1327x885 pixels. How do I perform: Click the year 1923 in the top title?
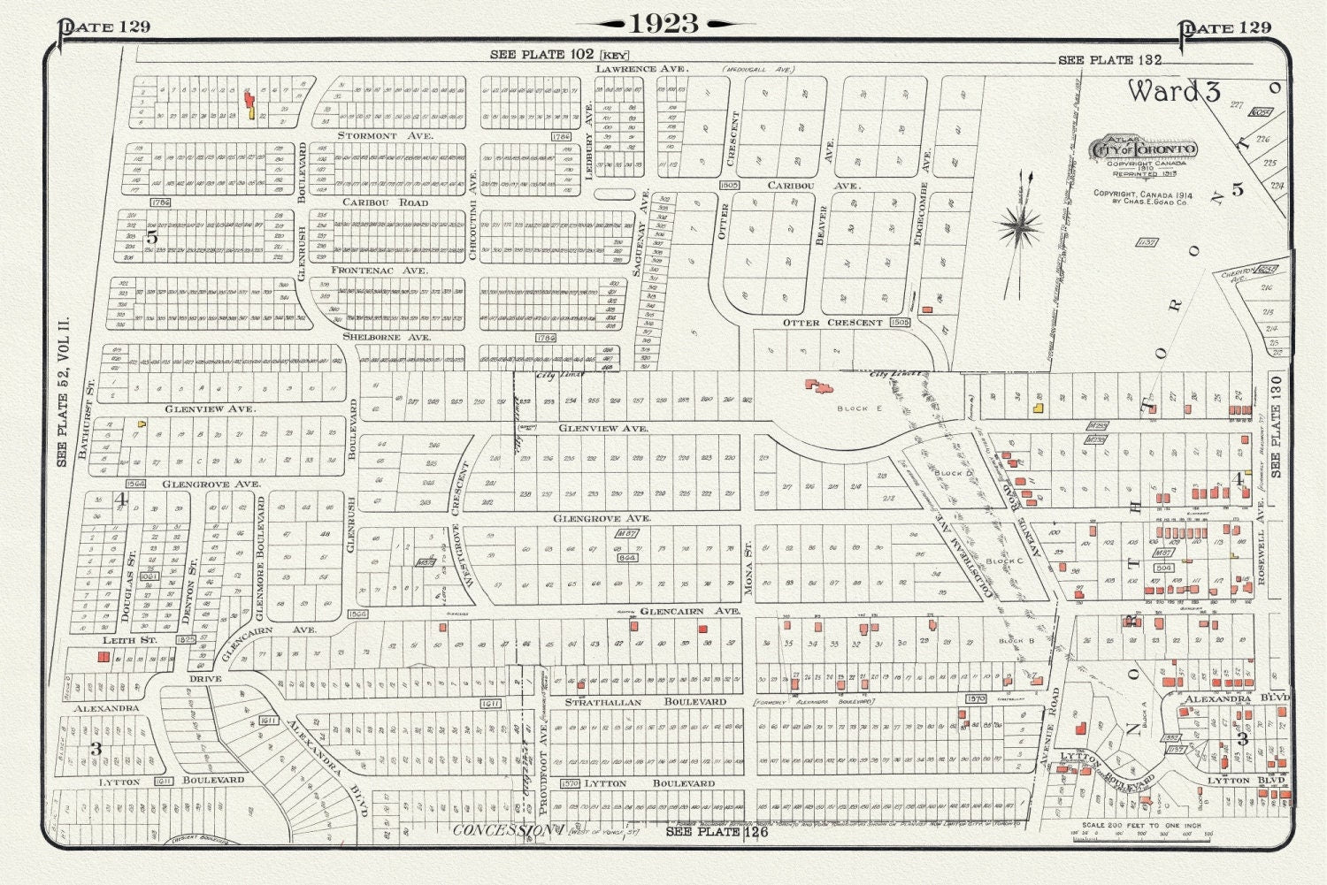664,24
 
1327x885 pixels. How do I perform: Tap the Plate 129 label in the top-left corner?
104,27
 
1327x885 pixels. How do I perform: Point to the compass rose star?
1020,225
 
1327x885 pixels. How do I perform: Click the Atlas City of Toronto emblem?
1146,149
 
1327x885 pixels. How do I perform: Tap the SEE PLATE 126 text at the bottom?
717,832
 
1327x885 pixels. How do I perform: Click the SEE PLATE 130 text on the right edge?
1275,426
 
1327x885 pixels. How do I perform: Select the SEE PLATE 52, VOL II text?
63,395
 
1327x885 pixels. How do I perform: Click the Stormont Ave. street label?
385,136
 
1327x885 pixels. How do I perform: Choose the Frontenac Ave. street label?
379,271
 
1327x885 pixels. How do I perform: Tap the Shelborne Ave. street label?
387,338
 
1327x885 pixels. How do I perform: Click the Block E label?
853,408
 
